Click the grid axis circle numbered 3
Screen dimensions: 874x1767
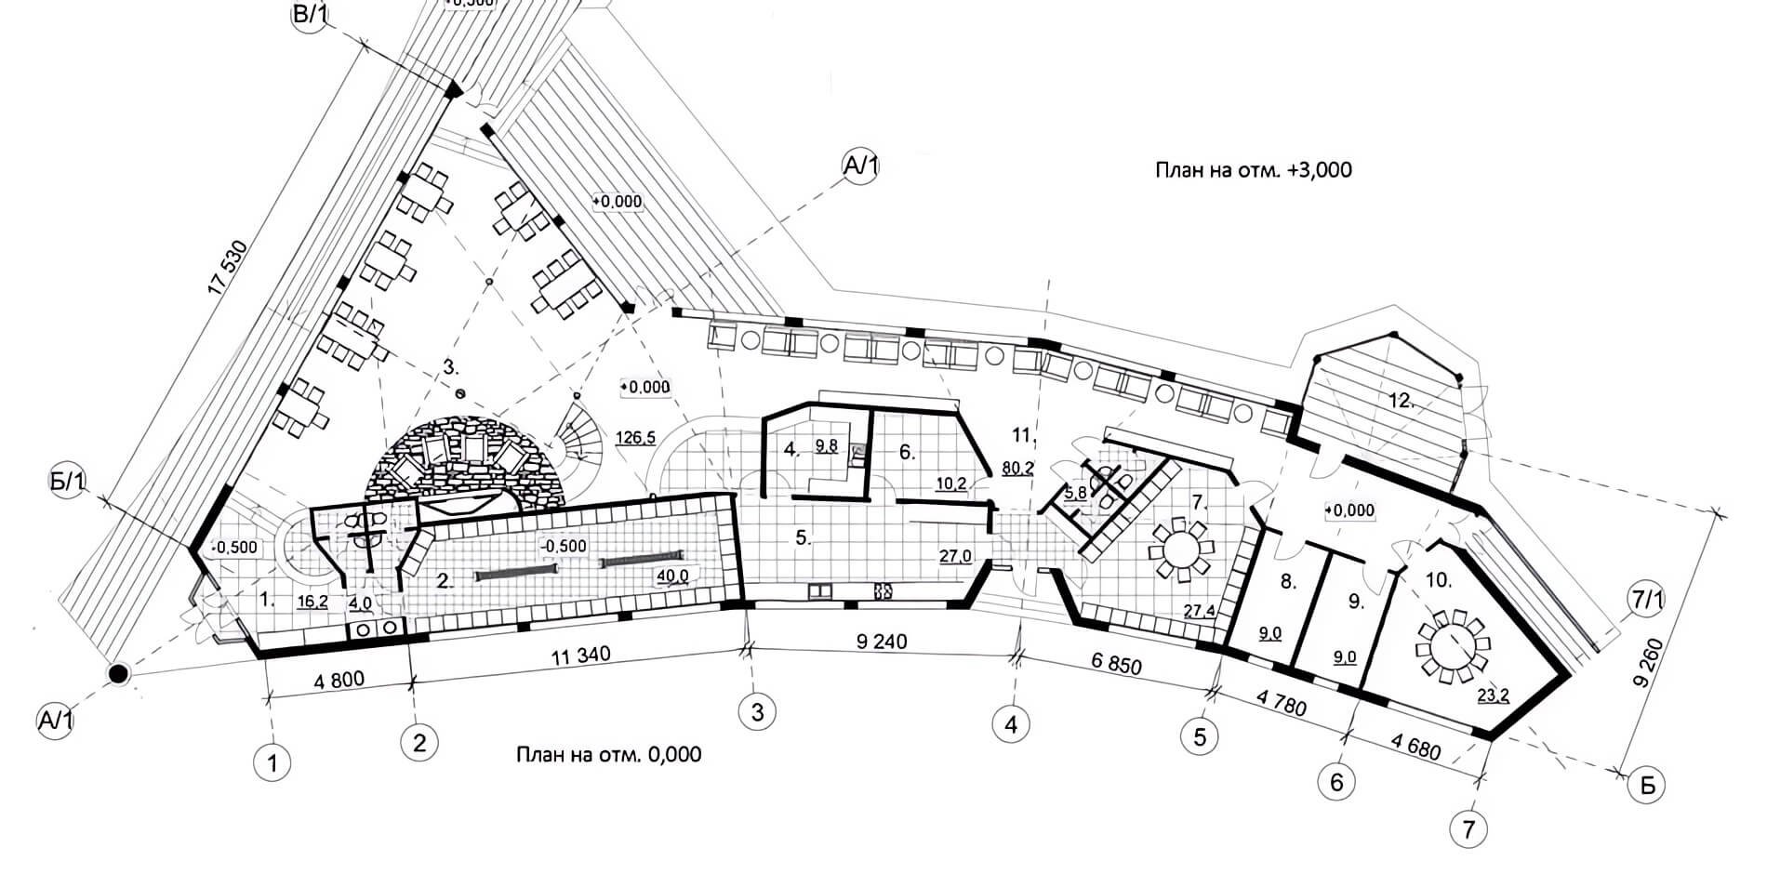point(757,712)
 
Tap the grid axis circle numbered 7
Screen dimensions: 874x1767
point(1468,828)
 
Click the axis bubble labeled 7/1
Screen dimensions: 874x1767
point(1647,602)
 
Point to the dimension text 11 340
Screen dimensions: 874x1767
point(581,655)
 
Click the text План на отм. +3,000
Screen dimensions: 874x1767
point(1253,170)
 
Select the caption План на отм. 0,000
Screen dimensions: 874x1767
point(608,754)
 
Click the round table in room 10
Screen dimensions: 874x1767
point(1453,642)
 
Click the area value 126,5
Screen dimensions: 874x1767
point(635,436)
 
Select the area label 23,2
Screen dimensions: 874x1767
point(1492,694)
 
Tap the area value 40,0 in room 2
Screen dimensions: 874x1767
point(672,576)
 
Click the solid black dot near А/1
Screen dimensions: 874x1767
point(117,673)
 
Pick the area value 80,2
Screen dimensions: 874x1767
point(1017,468)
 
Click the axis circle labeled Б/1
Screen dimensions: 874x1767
point(68,482)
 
